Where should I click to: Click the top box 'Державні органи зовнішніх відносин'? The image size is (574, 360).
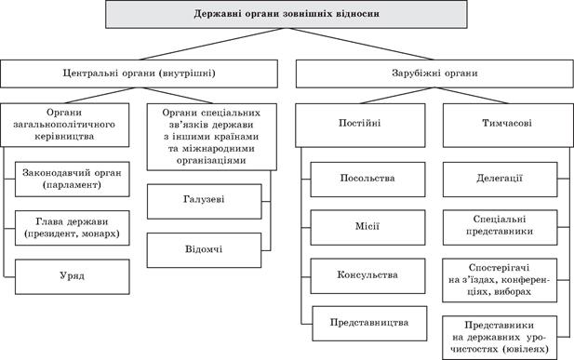[287, 15]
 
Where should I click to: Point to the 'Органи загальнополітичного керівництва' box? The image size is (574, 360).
[70, 124]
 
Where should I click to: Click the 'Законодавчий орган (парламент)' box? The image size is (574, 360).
[73, 179]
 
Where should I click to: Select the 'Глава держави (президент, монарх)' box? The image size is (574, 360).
[73, 228]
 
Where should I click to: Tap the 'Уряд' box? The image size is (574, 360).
[73, 277]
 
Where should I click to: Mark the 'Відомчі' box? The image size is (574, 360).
[204, 249]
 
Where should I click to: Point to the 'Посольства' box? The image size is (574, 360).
[367, 178]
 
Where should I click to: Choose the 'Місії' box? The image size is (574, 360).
[367, 226]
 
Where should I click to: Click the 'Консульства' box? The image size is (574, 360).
[367, 275]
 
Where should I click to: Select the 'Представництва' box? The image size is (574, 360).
[367, 323]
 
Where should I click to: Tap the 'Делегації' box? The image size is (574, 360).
[503, 178]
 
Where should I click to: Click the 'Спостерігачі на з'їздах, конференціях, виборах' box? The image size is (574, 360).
[503, 277]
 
